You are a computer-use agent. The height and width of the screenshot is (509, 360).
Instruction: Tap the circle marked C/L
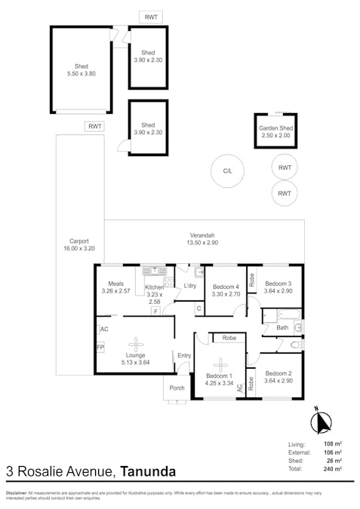pyautogui.click(x=227, y=171)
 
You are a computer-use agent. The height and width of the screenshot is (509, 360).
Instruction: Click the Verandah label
pyautogui.click(x=202, y=238)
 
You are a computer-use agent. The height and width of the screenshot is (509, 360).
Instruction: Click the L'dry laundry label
pyautogui.click(x=190, y=286)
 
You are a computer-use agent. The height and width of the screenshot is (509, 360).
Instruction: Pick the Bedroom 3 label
pyautogui.click(x=278, y=287)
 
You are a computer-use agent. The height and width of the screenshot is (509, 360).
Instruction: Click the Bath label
pyautogui.click(x=282, y=328)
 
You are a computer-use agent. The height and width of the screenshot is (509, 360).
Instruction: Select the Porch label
pyautogui.click(x=177, y=388)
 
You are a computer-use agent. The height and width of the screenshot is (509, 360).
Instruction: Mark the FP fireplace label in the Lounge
pyautogui.click(x=100, y=348)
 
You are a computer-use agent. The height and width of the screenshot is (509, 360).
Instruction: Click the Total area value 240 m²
pyautogui.click(x=333, y=469)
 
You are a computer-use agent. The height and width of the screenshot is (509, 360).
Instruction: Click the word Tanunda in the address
pyautogui.click(x=148, y=473)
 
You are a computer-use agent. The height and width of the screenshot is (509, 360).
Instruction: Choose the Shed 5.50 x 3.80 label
pyautogui.click(x=81, y=70)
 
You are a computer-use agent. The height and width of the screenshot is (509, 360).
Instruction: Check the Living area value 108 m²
pyautogui.click(x=333, y=444)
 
